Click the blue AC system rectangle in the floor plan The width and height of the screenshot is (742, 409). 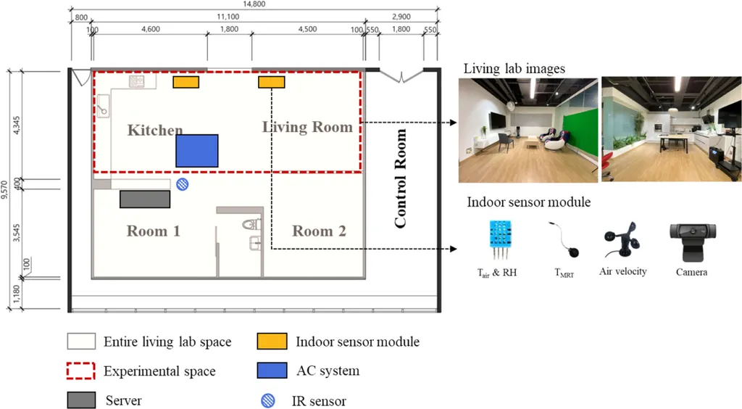[197, 151]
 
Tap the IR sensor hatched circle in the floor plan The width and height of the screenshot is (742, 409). [183, 185]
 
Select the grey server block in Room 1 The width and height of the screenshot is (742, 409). [145, 199]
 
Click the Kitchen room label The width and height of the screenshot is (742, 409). [155, 131]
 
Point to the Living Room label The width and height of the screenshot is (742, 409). [307, 128]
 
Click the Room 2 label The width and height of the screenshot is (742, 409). [319, 231]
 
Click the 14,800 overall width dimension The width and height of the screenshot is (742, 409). [254, 5]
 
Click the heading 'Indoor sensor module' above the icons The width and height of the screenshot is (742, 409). [528, 202]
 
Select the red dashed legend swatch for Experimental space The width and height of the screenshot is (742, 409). [81, 371]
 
